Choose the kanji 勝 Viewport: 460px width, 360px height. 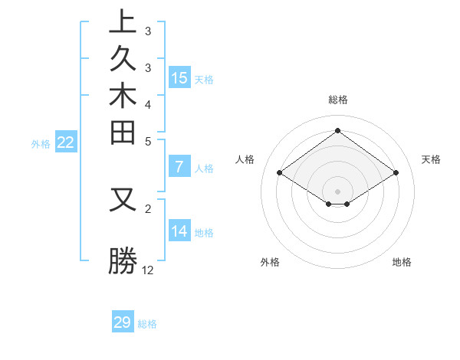tap(123, 261)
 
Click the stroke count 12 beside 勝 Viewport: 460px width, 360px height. tap(148, 270)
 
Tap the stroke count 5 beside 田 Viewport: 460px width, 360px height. tap(148, 141)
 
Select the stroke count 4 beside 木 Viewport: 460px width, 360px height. tap(148, 103)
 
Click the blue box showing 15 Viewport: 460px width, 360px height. tap(179, 77)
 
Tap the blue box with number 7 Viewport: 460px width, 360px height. tap(179, 167)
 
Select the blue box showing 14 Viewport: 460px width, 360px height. tap(179, 231)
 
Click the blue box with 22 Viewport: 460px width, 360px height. tap(66, 142)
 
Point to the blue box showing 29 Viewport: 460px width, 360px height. tap(123, 322)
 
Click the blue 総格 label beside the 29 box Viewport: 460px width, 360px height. tap(148, 324)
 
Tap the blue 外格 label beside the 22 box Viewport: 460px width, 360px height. tap(41, 143)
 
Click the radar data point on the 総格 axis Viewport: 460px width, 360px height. tap(337, 130)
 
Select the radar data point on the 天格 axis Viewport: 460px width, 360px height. tap(396, 173)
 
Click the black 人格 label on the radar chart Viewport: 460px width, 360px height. tap(245, 159)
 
